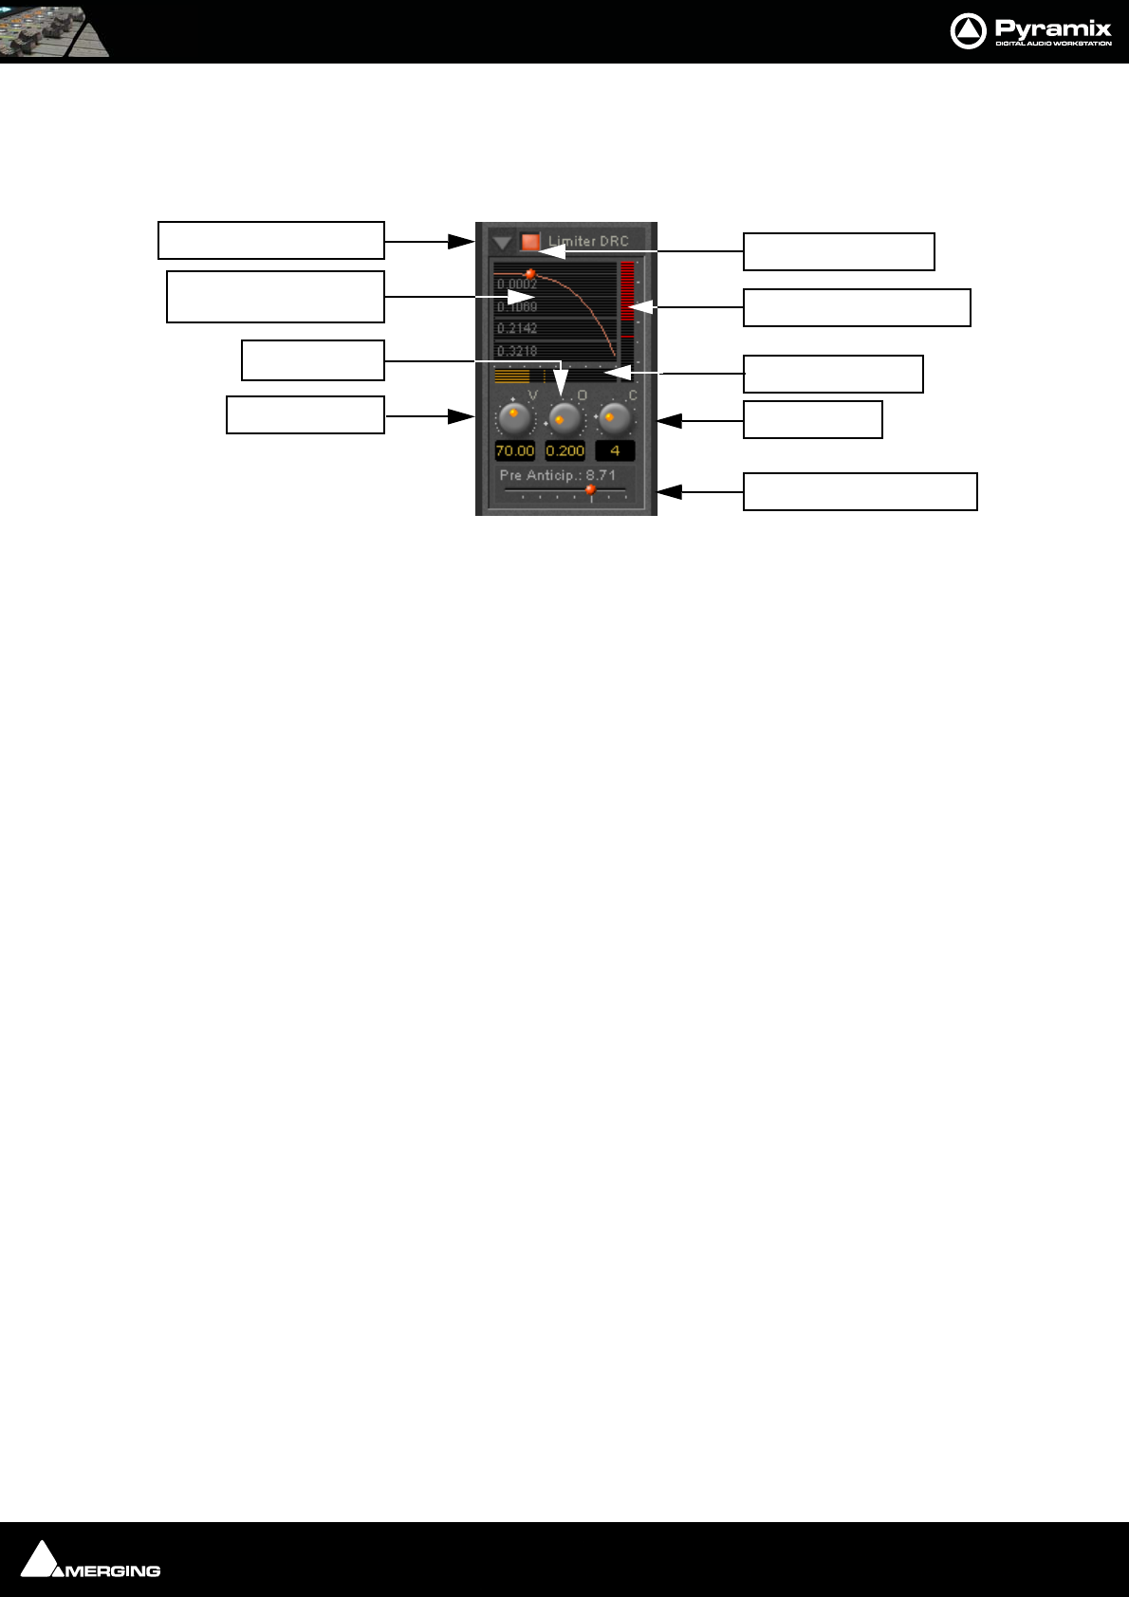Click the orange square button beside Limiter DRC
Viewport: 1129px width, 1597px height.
coord(530,242)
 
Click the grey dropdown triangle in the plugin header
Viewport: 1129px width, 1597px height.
coord(502,243)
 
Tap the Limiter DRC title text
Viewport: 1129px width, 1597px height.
coord(588,241)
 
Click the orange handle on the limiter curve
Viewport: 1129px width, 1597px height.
coord(530,273)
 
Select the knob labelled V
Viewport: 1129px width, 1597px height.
coord(515,417)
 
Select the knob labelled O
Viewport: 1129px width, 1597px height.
coord(564,417)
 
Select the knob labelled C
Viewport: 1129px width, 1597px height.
coord(614,417)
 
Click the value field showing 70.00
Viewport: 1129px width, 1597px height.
coord(515,450)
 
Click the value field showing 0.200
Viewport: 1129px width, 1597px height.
coord(564,450)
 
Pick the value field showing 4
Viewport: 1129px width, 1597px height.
coord(615,450)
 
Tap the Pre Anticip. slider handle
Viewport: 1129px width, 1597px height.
coord(590,490)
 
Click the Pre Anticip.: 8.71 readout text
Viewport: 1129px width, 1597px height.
coord(558,475)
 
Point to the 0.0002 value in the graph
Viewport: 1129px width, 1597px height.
coord(517,285)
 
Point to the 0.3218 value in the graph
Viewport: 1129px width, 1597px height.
coord(517,351)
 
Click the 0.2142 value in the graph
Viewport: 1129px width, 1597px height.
coord(517,328)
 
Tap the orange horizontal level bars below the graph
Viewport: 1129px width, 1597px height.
coord(512,376)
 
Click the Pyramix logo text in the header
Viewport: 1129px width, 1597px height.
coord(1052,28)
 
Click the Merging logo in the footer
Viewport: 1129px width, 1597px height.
coord(91,1561)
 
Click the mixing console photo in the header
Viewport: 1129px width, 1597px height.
coord(54,31)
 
